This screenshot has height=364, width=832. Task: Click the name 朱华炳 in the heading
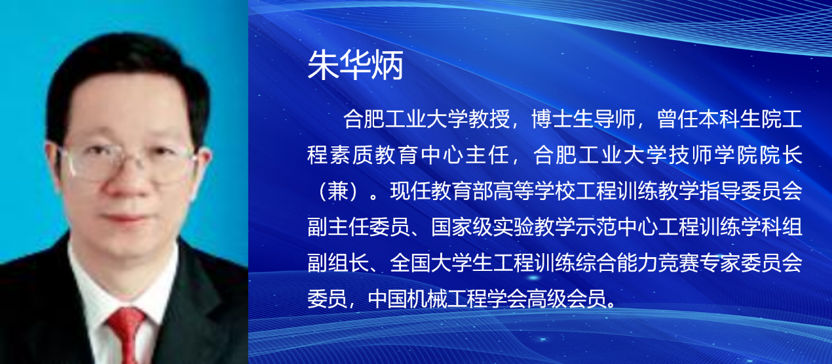(x=356, y=65)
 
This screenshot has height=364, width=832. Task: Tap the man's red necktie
(x=126, y=334)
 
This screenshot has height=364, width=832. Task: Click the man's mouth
(x=123, y=218)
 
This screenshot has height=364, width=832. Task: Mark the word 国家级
(x=462, y=227)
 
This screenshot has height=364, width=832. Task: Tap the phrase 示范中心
(x=616, y=227)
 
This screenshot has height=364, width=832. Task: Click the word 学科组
(x=772, y=227)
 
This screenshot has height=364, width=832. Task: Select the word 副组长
(x=339, y=262)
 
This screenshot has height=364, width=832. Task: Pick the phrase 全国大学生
(x=442, y=262)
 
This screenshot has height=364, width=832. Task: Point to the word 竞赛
(x=678, y=262)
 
